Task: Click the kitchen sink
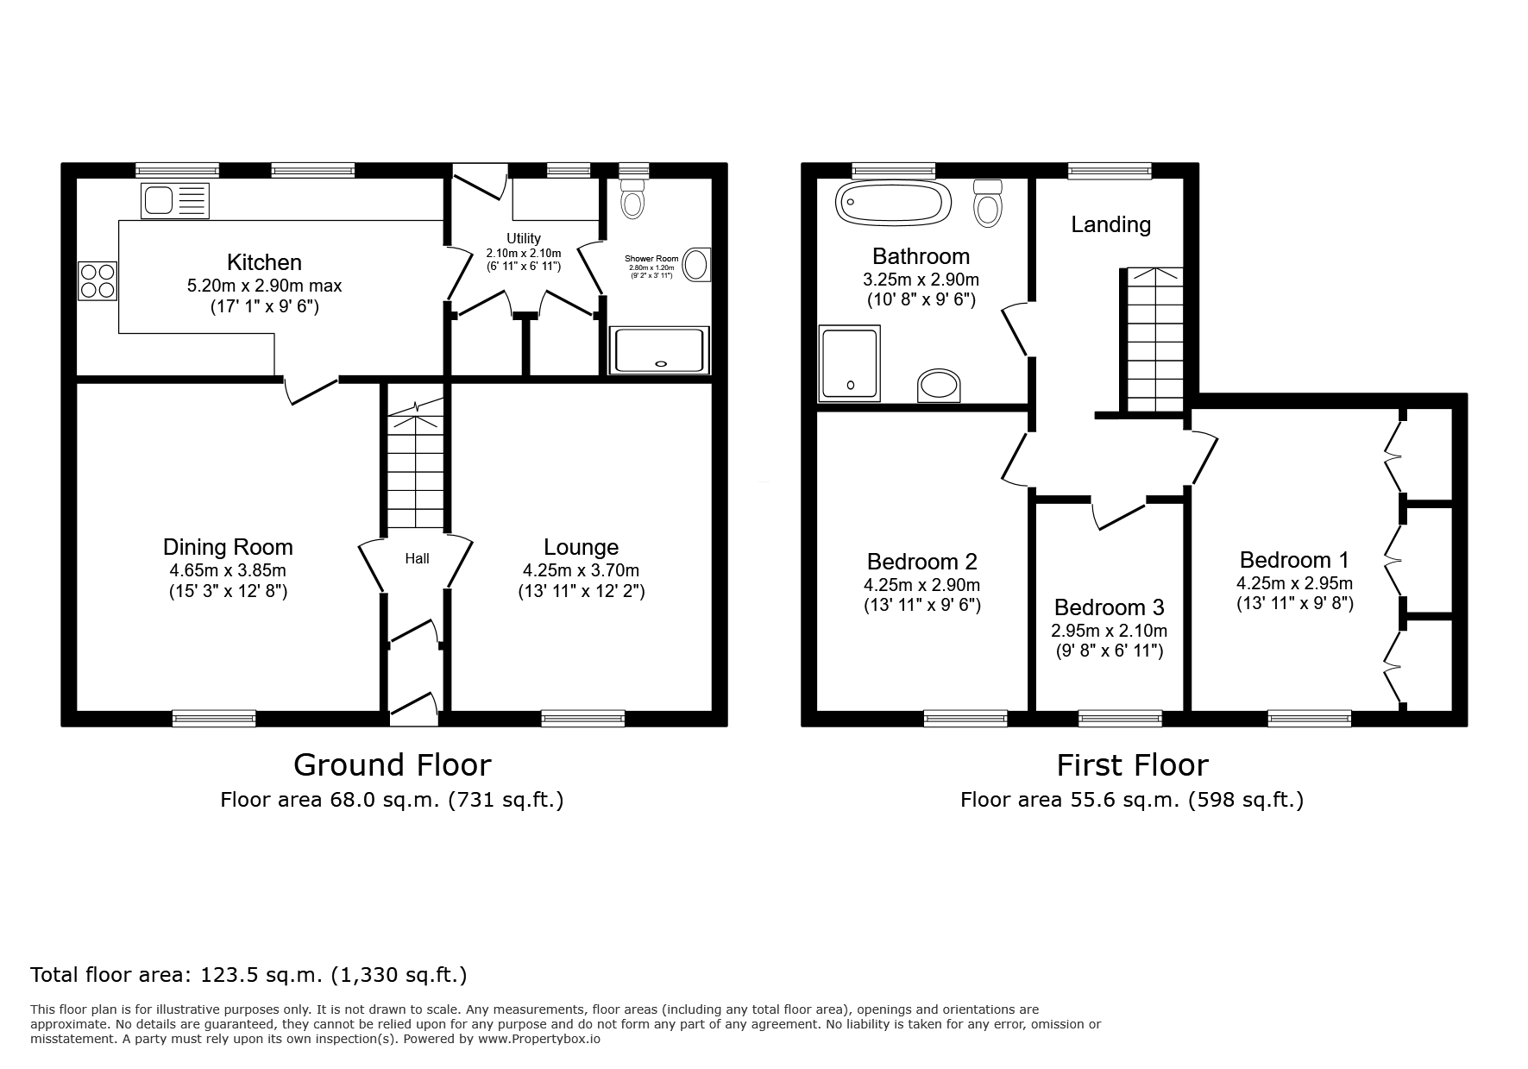[174, 200]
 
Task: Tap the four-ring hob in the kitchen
[97, 280]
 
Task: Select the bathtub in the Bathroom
[894, 204]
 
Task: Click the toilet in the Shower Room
[633, 198]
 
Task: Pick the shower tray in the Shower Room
[660, 349]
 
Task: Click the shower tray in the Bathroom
[850, 363]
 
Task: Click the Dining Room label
[228, 547]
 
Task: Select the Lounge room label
[581, 547]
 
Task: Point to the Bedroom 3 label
[1110, 607]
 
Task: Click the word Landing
[1111, 224]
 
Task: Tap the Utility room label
[524, 238]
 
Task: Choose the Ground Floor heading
[393, 764]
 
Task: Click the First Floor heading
[1132, 764]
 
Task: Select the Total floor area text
[248, 975]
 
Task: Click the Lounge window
[583, 718]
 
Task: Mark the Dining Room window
[214, 718]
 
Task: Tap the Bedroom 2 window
[965, 718]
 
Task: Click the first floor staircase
[1153, 340]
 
